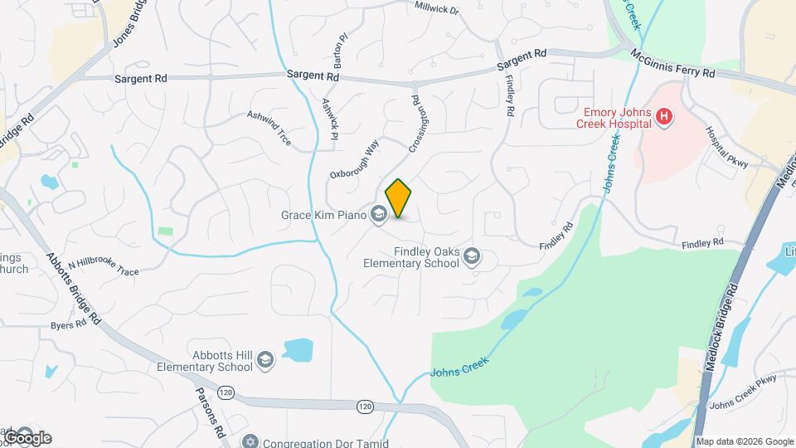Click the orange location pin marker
pos(399,197)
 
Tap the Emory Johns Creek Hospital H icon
pos(663,117)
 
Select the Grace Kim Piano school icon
pos(379,216)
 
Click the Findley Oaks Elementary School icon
pos(473,256)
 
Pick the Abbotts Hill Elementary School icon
pos(265,358)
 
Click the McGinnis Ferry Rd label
pos(672,63)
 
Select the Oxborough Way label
pos(355,158)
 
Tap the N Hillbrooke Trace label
pos(104,267)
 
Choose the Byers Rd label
pos(68,324)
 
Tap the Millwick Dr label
pos(435,9)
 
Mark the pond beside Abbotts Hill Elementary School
pos(298,349)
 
